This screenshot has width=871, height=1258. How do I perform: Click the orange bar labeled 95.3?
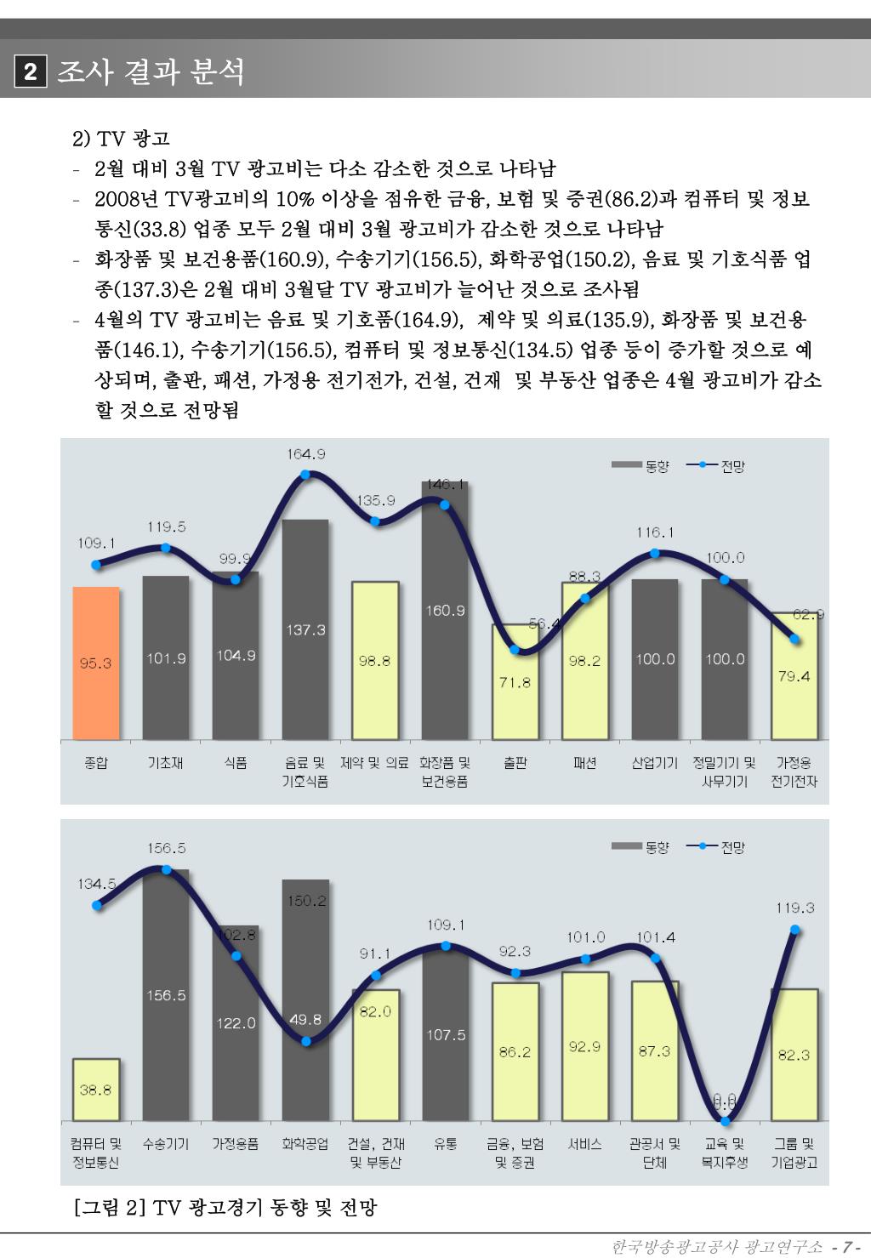[95, 663]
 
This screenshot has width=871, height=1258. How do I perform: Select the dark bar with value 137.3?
[305, 629]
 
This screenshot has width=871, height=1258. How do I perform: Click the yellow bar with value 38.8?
[95, 1090]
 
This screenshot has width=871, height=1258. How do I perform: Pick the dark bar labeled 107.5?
[446, 1034]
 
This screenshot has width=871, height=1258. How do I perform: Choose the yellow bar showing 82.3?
[794, 1055]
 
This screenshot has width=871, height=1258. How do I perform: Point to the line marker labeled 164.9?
[305, 474]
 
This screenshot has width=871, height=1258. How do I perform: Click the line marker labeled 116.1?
[655, 553]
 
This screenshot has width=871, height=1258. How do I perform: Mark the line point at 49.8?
[305, 1041]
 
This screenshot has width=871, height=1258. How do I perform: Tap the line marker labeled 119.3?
[794, 930]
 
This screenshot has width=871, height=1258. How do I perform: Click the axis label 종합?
[95, 763]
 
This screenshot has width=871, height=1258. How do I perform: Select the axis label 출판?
[515, 763]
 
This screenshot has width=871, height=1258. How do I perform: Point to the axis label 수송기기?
[166, 1144]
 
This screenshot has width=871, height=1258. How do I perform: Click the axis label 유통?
[446, 1144]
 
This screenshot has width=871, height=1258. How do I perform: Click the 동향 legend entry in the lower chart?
[641, 847]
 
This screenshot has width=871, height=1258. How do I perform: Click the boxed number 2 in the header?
[30, 72]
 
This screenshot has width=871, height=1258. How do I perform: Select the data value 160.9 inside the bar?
[446, 610]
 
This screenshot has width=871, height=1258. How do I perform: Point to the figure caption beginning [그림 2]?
[225, 1207]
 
